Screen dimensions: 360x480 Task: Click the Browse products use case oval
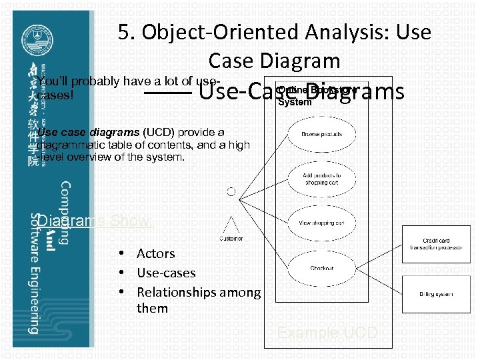point(321,134)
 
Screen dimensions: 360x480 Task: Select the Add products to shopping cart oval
point(321,179)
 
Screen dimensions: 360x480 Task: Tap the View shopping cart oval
point(321,223)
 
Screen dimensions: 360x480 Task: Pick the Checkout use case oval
point(321,269)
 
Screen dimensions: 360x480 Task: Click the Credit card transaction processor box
point(435,244)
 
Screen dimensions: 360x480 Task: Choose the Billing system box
point(435,294)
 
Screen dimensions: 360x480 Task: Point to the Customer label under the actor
point(231,239)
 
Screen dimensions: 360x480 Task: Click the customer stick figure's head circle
point(231,192)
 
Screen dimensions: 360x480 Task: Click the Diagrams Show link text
point(93,221)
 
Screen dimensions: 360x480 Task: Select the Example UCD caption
point(327,333)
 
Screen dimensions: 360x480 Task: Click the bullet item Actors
point(155,253)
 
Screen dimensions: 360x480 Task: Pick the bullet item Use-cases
point(165,273)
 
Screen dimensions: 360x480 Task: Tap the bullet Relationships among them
point(198,292)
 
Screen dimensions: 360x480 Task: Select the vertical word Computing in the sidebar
point(65,213)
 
